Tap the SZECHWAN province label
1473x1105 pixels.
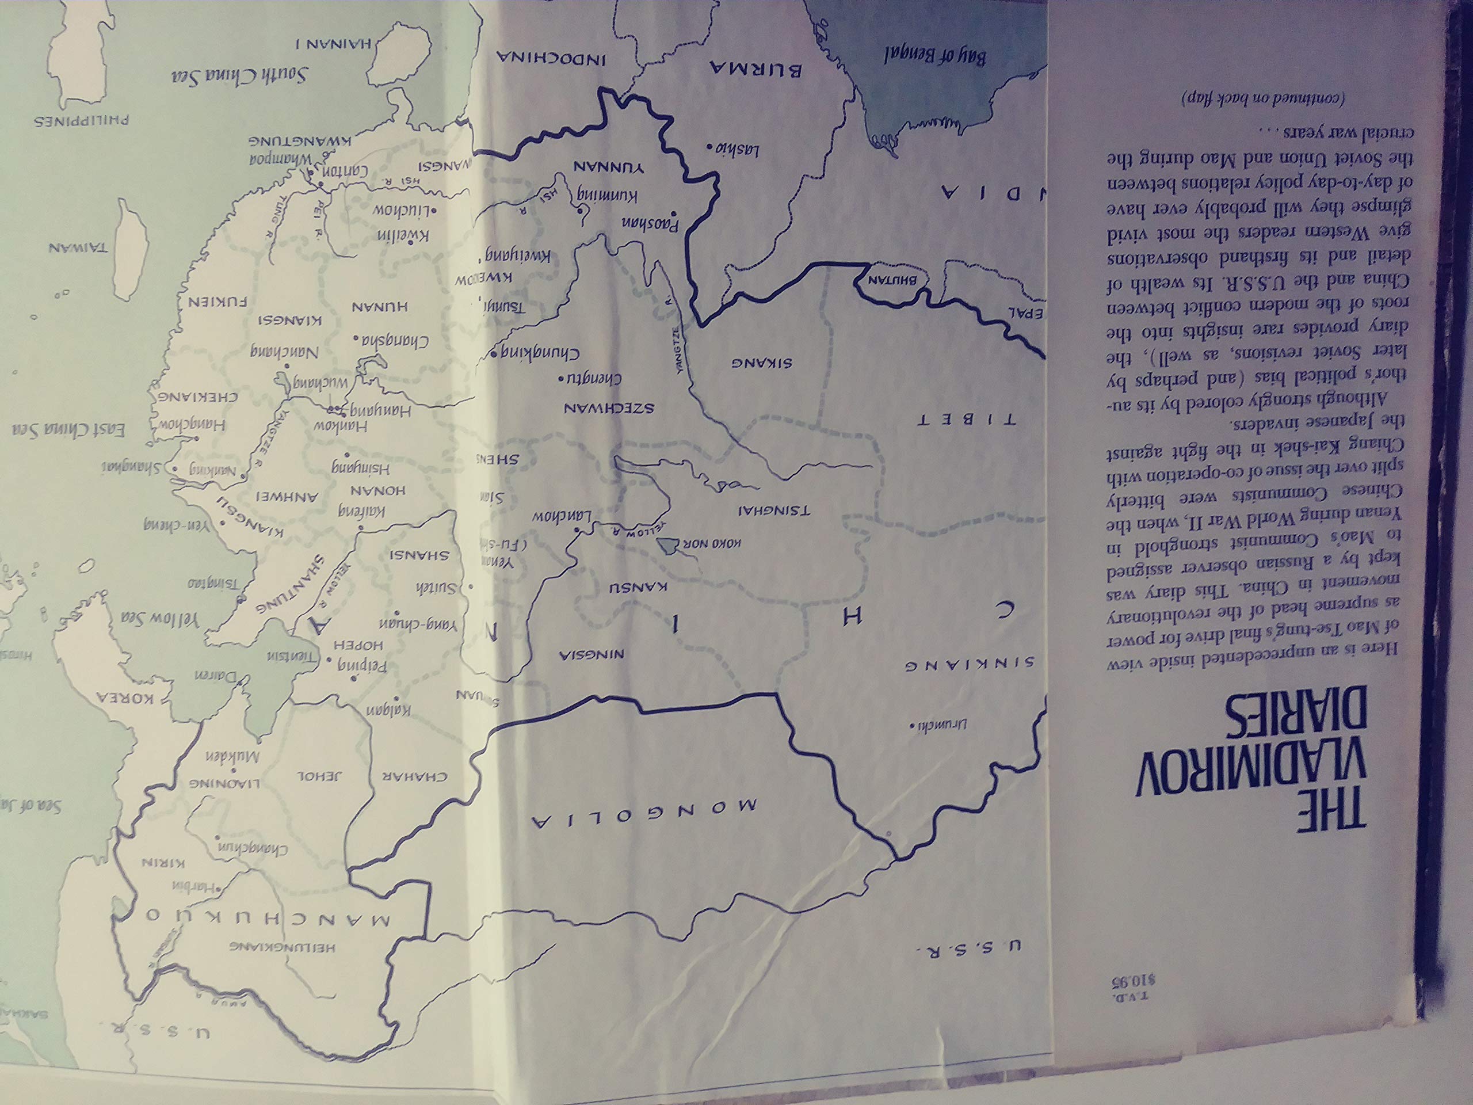pos(609,408)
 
